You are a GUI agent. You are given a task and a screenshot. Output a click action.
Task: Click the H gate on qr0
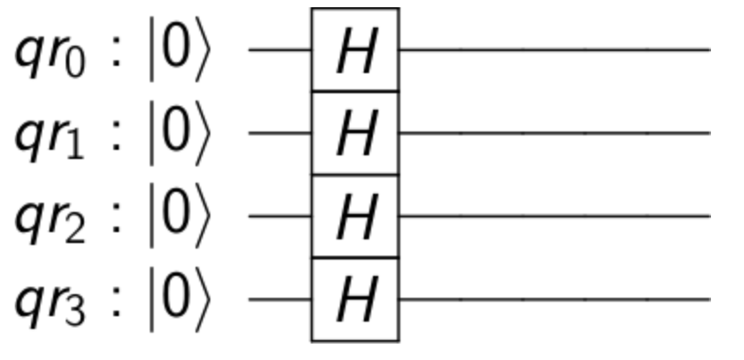click(355, 50)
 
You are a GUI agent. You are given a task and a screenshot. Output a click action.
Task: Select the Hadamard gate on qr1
click(355, 133)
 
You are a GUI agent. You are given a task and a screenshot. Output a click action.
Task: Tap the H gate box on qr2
click(355, 217)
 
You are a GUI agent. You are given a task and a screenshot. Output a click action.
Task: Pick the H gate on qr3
click(355, 300)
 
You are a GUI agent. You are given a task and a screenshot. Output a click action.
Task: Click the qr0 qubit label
click(51, 54)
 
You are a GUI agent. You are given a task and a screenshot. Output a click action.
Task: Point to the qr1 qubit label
click(51, 137)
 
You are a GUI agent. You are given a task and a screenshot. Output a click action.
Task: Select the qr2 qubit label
click(51, 220)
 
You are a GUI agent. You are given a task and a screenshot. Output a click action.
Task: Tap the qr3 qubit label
click(51, 303)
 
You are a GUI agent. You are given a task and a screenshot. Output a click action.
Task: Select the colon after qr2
click(116, 220)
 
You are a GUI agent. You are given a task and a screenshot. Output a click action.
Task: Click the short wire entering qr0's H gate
click(280, 50)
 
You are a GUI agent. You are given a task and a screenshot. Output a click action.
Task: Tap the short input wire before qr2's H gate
click(280, 217)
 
